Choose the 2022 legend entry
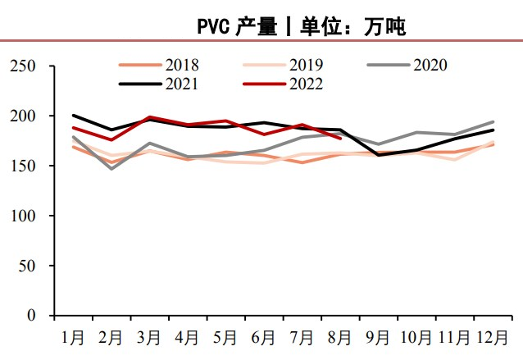click(x=284, y=84)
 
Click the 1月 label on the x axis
click(x=73, y=337)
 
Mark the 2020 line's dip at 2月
click(x=111, y=169)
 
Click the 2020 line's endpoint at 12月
click(x=493, y=122)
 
